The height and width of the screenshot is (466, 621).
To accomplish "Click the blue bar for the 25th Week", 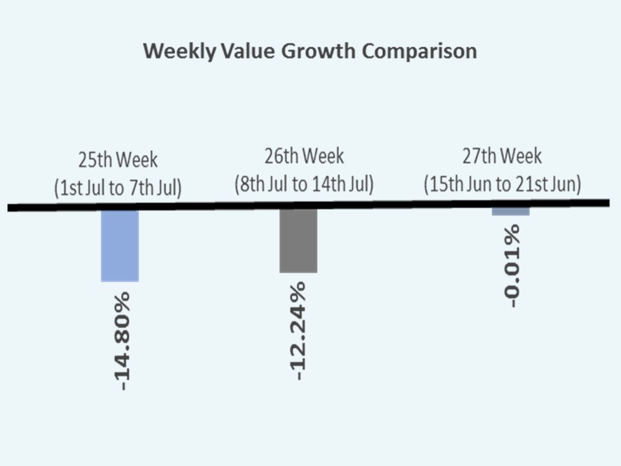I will click(x=120, y=245).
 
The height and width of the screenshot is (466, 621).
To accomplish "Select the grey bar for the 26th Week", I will click(x=298, y=240).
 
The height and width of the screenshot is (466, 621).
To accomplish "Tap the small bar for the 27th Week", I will click(x=510, y=212).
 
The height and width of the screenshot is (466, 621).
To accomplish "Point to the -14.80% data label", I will click(x=120, y=340).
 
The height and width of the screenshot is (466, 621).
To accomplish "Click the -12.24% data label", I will click(x=298, y=330).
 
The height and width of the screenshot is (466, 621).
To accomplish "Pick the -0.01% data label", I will click(x=511, y=265).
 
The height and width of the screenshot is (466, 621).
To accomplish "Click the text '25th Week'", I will click(x=118, y=159).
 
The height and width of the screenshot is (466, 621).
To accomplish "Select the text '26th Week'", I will click(x=304, y=156).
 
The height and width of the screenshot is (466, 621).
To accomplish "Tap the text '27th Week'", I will click(x=502, y=156).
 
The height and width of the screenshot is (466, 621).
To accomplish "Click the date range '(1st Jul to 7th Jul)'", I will click(x=118, y=188).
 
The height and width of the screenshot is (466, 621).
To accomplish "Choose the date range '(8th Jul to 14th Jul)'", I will click(x=304, y=184).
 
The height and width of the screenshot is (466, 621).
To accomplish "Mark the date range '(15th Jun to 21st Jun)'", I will click(x=502, y=184).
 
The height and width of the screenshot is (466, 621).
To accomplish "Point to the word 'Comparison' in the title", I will click(x=419, y=52).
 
